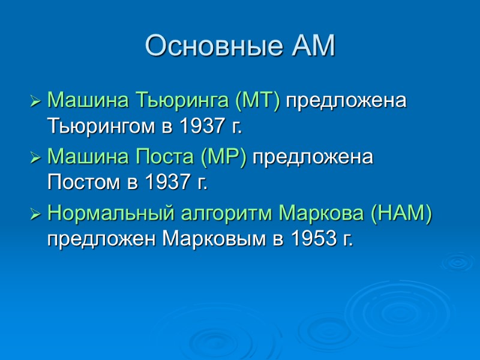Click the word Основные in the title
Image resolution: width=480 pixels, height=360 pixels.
pos(212,47)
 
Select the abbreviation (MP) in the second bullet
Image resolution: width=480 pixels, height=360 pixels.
pos(225,158)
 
